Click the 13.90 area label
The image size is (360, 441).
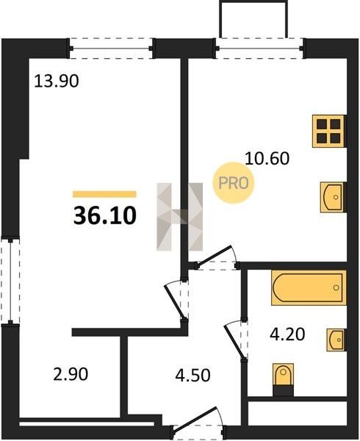point(57,82)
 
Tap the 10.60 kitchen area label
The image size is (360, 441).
point(267,158)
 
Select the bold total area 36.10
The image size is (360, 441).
point(105,215)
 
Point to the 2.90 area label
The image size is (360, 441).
point(71,374)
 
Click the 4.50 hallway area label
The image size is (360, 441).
point(192,375)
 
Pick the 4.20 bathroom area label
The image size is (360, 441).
point(287,334)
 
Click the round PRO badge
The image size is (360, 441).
point(233,183)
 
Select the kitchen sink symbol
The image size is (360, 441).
point(333,197)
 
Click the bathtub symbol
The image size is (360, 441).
point(309,287)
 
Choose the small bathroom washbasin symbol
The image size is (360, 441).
point(336,340)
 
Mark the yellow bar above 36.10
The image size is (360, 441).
point(104,194)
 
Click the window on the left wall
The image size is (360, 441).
point(10,282)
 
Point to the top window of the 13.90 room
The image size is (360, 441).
point(111,49)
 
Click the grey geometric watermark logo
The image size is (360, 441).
point(180,217)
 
